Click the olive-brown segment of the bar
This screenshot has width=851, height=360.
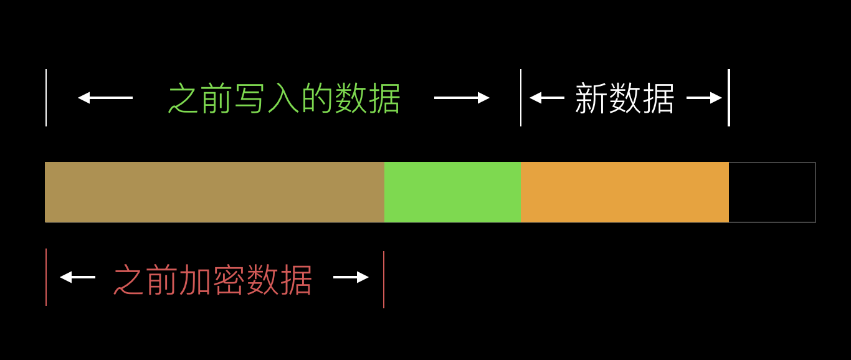214,192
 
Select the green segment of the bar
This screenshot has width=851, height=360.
452,192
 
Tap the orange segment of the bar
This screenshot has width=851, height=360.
624,192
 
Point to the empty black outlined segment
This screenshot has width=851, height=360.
772,192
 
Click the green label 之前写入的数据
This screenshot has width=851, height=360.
284,98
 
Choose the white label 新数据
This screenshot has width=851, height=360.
624,98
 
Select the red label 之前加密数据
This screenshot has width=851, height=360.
212,280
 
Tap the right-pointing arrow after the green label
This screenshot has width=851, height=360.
462,98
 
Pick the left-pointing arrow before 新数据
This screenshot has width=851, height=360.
546,98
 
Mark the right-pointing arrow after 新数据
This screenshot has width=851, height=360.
704,98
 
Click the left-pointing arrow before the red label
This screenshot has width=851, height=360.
77,277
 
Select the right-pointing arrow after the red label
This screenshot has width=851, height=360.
351,277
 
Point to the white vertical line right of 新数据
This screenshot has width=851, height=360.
728,98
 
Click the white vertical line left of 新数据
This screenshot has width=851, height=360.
521,98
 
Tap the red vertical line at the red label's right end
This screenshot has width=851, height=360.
384,279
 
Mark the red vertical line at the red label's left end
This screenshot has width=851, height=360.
46,277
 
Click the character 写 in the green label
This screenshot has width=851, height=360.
250,98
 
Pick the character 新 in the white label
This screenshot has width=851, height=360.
591,98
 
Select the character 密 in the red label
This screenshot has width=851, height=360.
229,280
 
